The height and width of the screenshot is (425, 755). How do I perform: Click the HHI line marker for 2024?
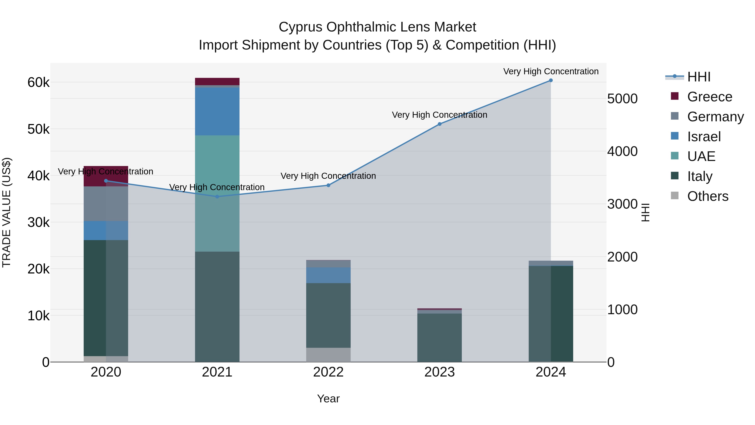point(551,80)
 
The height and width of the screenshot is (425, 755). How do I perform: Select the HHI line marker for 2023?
point(440,124)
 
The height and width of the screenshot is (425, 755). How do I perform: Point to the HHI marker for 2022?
point(328,185)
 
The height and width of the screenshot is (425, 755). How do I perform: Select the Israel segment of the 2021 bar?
point(217,111)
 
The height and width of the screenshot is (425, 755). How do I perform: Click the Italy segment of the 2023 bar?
point(440,337)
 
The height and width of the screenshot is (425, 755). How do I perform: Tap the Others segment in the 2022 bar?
point(328,355)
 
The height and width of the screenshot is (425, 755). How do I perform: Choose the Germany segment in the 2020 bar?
point(106,204)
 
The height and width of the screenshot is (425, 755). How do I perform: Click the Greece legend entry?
point(709,97)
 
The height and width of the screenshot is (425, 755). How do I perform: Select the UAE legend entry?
point(701,156)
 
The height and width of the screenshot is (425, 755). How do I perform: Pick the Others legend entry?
point(708,196)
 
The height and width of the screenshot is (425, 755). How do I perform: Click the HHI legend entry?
point(699,77)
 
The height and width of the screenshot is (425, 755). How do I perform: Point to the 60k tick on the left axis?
point(38,82)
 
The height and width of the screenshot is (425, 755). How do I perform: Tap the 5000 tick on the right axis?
point(622,99)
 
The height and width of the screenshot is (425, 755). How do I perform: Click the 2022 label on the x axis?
point(328,372)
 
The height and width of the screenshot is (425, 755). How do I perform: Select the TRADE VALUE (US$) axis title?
point(7,212)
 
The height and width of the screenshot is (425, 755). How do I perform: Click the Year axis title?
point(328,399)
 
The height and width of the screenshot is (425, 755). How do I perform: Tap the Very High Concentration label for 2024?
point(551,71)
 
